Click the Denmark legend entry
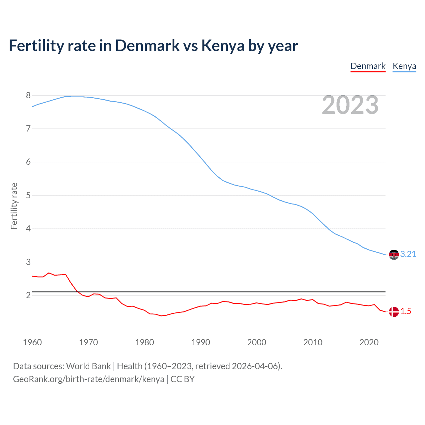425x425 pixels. tap(368, 66)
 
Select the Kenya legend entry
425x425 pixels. tap(404, 66)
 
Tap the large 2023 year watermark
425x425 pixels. tap(350, 105)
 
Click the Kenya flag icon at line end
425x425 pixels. tap(394, 255)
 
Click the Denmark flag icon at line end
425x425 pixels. tap(394, 312)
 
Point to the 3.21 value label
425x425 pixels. tap(408, 254)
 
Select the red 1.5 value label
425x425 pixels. tap(406, 311)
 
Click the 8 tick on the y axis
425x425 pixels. tap(28, 96)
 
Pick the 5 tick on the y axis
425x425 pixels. tap(28, 196)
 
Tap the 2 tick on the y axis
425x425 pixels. tap(28, 296)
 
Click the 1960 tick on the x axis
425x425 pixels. tap(32, 342)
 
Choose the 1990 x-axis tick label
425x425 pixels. tap(201, 342)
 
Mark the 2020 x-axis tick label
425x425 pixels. tap(369, 342)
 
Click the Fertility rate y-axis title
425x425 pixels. tap(14, 206)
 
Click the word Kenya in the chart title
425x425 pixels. tap(223, 46)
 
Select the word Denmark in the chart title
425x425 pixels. tap(147, 46)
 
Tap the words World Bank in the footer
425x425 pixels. tap(88, 366)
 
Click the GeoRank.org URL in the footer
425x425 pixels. tap(88, 379)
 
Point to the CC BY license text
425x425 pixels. tap(182, 379)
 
